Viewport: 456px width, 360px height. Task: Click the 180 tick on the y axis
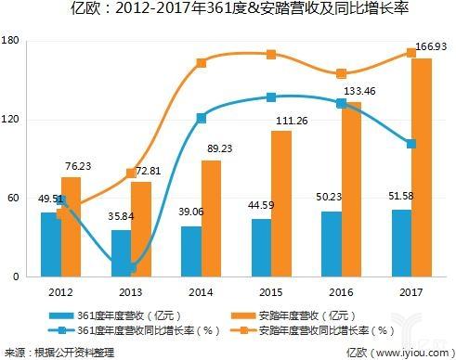12,40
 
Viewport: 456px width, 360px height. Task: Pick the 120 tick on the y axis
12,119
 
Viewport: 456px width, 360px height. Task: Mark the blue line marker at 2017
411,144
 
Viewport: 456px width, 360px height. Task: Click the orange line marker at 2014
202,63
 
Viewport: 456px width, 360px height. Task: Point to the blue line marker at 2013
132,268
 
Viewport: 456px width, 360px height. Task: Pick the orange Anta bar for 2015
282,203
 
